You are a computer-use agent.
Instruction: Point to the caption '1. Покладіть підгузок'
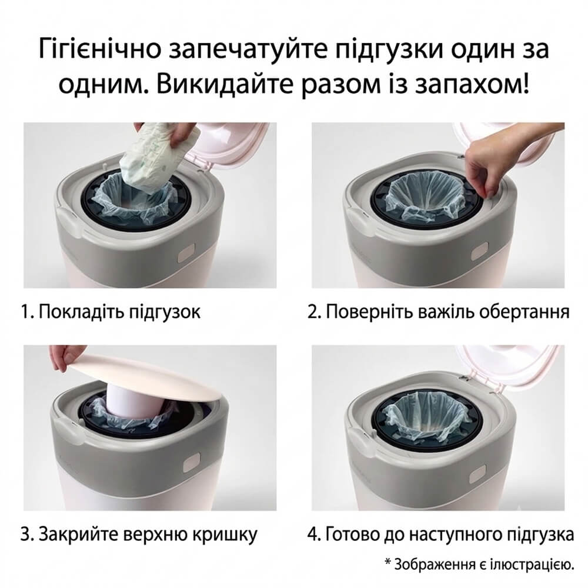[x=111, y=312]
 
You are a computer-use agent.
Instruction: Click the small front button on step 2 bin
[x=479, y=252]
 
